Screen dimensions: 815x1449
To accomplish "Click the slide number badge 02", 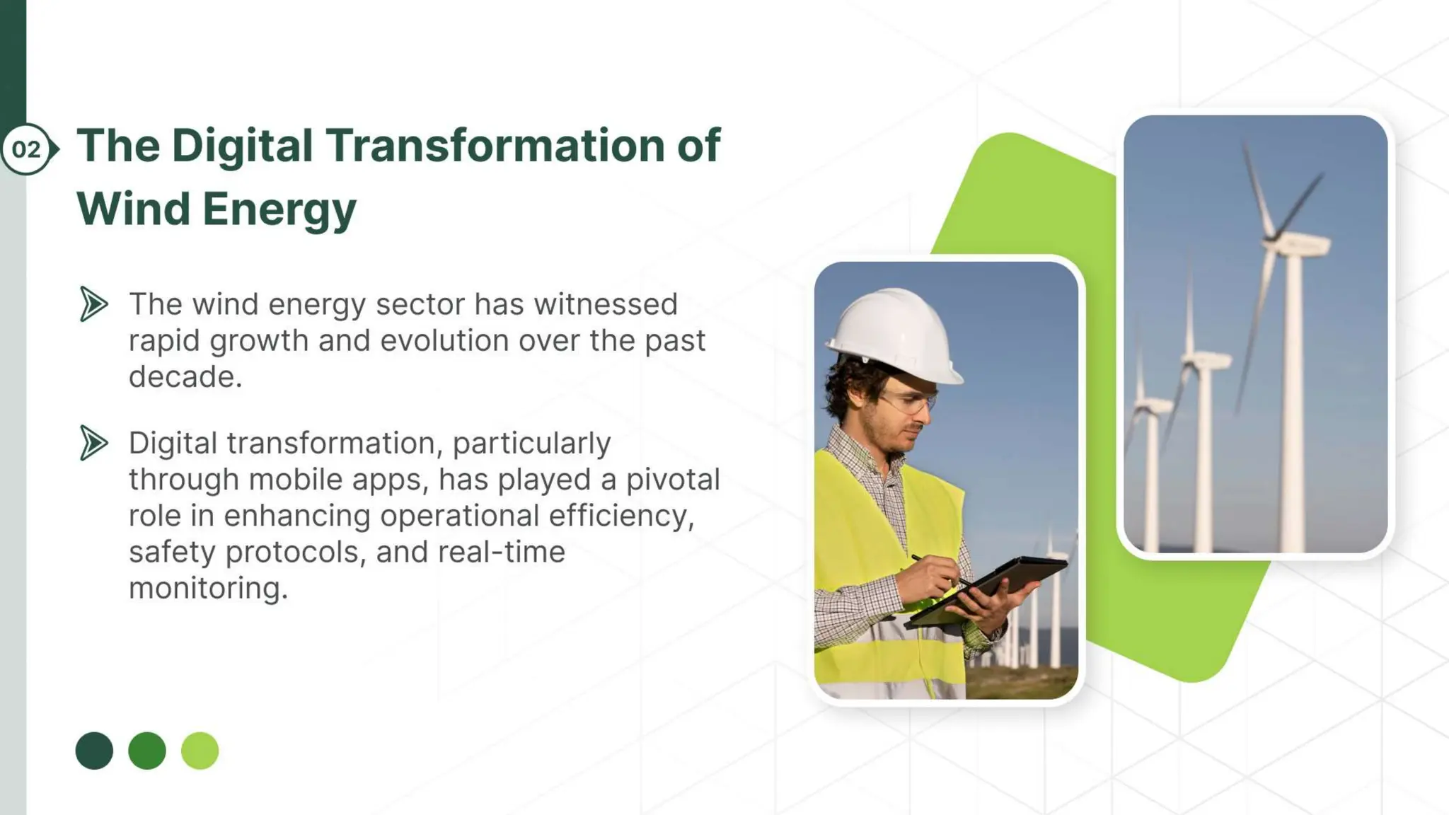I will [x=27, y=149].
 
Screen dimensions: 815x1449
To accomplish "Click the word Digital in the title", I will [x=242, y=146].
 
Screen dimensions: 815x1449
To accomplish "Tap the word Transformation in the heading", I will [x=495, y=146].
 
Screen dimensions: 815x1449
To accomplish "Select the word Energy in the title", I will [x=279, y=209].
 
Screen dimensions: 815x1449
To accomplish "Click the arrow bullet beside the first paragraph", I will [x=93, y=304].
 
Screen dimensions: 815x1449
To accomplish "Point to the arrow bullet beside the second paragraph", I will [x=93, y=444].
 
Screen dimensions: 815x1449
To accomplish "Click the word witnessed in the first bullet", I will [x=606, y=304].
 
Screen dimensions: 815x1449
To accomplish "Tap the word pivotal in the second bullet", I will [x=673, y=480].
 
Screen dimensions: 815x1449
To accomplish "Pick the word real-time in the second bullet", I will [x=501, y=552].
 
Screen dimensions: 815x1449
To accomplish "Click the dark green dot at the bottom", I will [x=94, y=751].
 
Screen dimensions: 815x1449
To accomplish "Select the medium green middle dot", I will [x=147, y=751].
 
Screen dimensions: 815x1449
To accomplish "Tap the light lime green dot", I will [x=200, y=751].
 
